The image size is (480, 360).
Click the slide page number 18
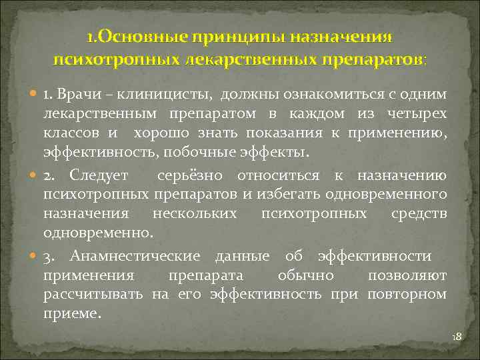pos(457,338)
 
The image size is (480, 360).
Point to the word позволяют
pos(417,275)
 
